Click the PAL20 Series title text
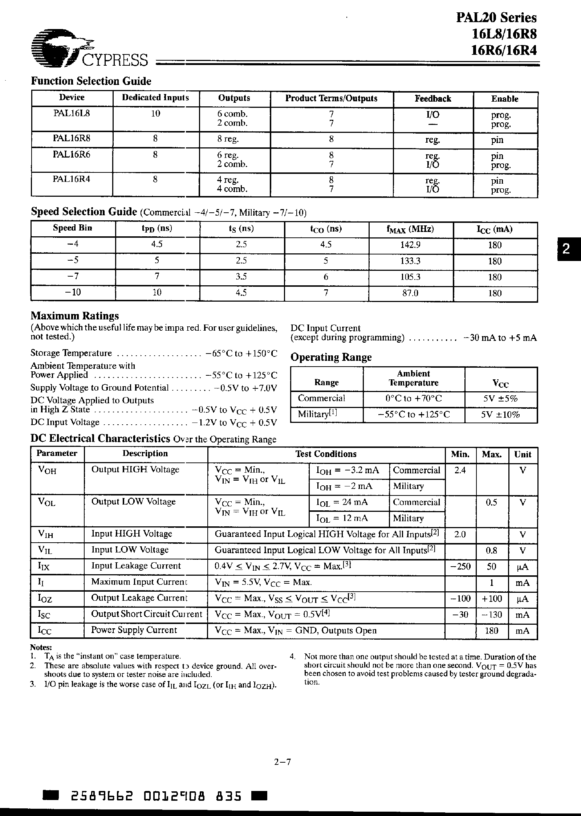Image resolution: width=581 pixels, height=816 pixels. [496, 17]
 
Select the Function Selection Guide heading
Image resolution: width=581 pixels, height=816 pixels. [91, 81]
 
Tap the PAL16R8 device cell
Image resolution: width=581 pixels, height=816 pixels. [72, 139]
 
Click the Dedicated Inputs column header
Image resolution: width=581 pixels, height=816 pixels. [155, 98]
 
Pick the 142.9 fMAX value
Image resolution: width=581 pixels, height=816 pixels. [411, 245]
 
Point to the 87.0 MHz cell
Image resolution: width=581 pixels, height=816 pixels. [411, 293]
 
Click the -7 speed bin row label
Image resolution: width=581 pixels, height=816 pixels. [73, 277]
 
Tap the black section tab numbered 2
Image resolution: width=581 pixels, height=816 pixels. [566, 249]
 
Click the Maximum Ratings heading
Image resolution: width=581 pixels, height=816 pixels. [74, 315]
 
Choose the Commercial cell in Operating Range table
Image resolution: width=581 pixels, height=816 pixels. [321, 398]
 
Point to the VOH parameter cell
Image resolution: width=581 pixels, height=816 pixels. [47, 470]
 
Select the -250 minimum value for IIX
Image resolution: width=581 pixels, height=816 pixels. [460, 566]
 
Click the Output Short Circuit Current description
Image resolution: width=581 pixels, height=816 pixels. [146, 614]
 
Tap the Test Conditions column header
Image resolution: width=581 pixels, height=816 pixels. [326, 454]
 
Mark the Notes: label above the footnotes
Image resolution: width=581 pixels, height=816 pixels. [41, 647]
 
